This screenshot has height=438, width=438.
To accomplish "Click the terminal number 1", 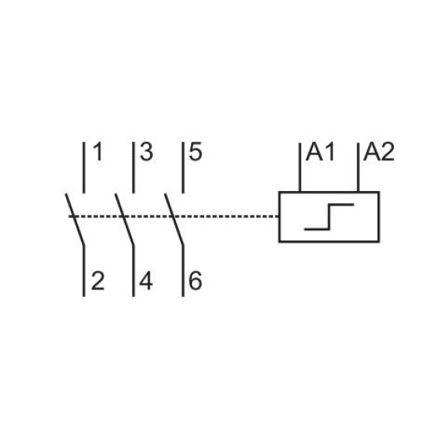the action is click(99, 152).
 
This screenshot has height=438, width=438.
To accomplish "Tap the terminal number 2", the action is click(98, 281).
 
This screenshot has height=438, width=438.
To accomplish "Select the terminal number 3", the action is click(147, 152).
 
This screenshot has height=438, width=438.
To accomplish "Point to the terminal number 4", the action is click(146, 281).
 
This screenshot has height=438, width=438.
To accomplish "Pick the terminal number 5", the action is click(196, 152).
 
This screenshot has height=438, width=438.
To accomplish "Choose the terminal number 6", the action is click(196, 281).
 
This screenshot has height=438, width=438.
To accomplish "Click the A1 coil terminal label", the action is click(320, 152).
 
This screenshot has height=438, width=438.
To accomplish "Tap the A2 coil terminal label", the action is click(379, 152).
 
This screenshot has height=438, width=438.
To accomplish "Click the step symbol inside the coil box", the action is click(330, 217).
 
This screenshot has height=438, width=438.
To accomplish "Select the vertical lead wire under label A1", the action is click(299, 167).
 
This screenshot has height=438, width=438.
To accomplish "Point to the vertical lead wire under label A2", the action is click(358, 167).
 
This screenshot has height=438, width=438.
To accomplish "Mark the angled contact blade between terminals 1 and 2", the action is click(75, 219).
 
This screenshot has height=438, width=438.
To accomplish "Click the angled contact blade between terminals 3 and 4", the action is click(124, 219).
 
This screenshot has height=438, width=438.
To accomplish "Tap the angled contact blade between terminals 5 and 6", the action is click(174, 219).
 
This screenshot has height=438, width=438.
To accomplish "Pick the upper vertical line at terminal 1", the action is click(84, 167).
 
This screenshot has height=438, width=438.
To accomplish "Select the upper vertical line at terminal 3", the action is click(134, 167).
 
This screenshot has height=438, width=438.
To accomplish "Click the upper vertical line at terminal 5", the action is click(183, 167).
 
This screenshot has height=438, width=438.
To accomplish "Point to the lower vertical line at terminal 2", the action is click(84, 271).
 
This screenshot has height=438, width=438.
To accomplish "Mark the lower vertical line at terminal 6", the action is click(183, 271).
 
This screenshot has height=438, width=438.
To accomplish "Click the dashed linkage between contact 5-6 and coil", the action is click(226, 216).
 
